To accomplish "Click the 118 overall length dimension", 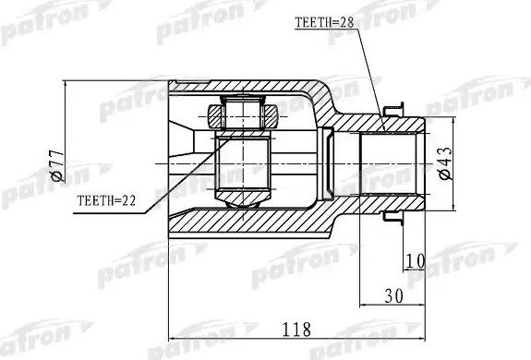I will point(295,330).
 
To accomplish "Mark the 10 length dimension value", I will point(413,262).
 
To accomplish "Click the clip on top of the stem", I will point(395,104).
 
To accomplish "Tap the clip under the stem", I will point(395,221).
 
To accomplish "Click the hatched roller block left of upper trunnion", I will point(217,115).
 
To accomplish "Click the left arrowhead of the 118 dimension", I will point(172,339).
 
